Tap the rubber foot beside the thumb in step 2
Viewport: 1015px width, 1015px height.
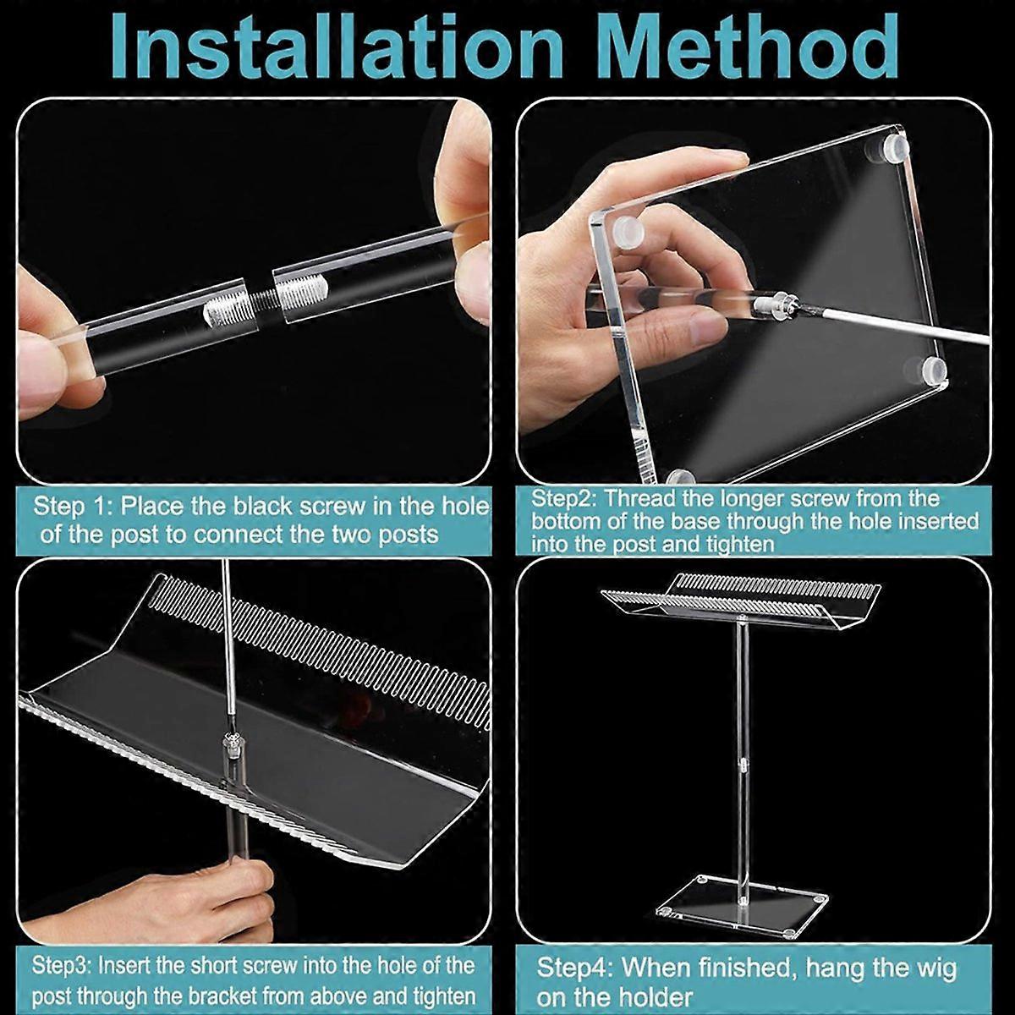click(629, 231)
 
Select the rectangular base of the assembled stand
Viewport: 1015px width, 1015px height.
click(743, 906)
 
